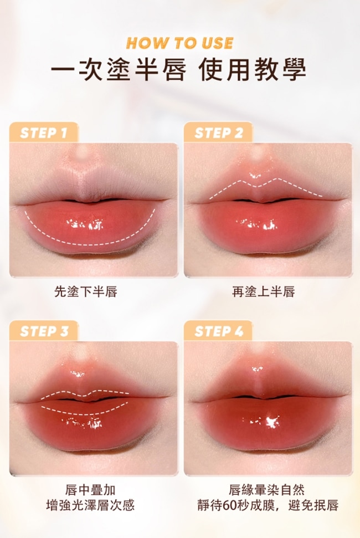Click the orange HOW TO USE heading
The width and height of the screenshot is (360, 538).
[x=179, y=43]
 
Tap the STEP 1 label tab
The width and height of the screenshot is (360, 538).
[x=44, y=132]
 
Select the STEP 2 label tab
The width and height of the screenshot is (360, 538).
[x=218, y=132]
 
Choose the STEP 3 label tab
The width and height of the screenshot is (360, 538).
[x=44, y=331]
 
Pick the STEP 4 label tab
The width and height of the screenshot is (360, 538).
[x=218, y=331]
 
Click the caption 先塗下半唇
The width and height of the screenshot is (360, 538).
[x=86, y=291]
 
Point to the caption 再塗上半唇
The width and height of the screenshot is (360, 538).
[x=263, y=291]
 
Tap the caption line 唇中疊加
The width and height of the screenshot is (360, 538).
[x=90, y=490]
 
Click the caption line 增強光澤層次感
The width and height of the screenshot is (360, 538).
[x=90, y=505]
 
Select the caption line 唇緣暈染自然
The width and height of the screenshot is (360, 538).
[x=267, y=490]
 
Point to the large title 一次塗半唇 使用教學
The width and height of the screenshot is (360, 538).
[x=178, y=70]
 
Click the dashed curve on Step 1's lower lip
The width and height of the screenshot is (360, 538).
[x=90, y=244]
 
